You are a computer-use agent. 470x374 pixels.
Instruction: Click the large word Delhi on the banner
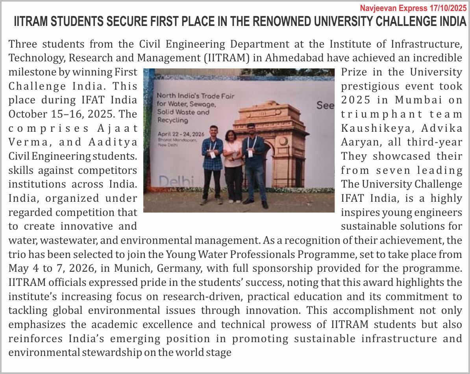tap(177, 181)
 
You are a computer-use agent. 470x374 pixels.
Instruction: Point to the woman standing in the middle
tap(233, 163)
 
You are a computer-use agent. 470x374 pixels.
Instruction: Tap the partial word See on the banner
tap(325, 105)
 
